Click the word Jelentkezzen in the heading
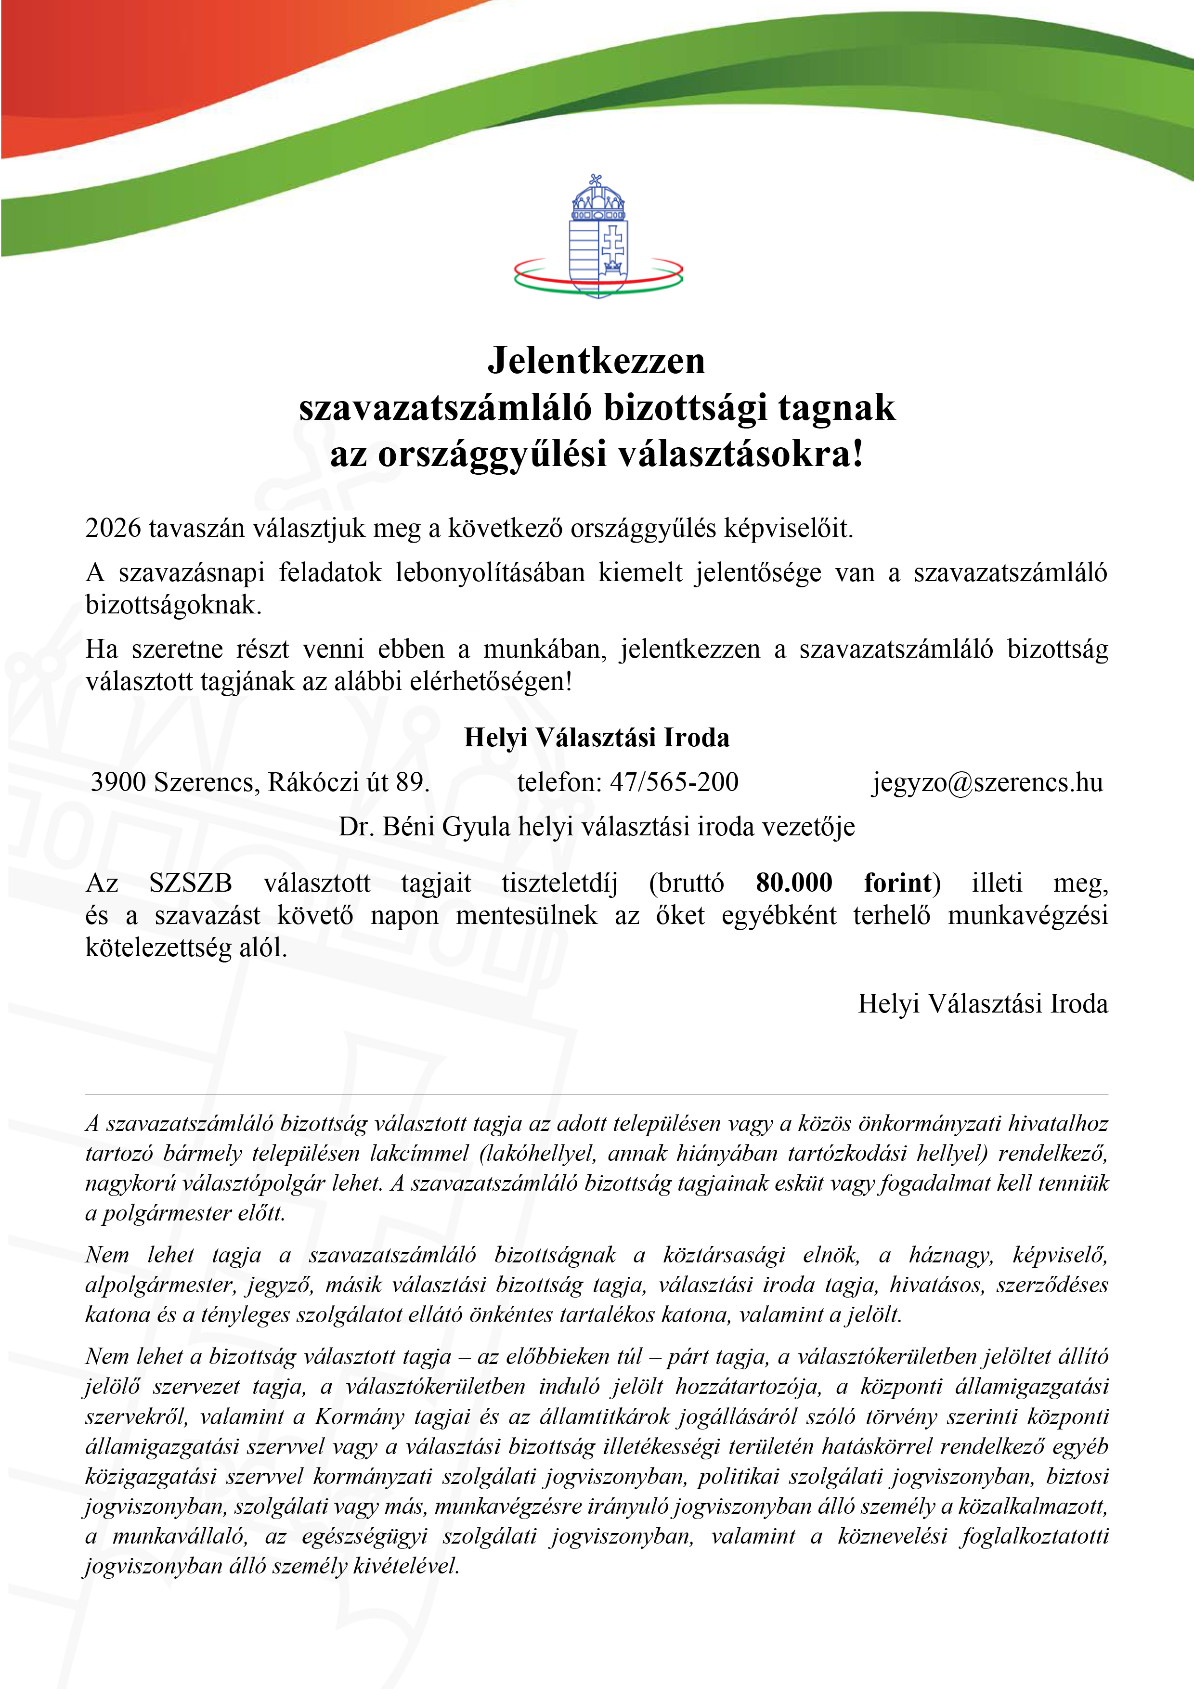(597, 361)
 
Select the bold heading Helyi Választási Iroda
(597, 737)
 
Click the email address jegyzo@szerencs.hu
(987, 782)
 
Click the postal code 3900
(117, 782)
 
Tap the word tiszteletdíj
(560, 883)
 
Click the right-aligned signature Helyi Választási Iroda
(982, 1004)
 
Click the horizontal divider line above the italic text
(597, 1094)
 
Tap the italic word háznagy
(950, 1256)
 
